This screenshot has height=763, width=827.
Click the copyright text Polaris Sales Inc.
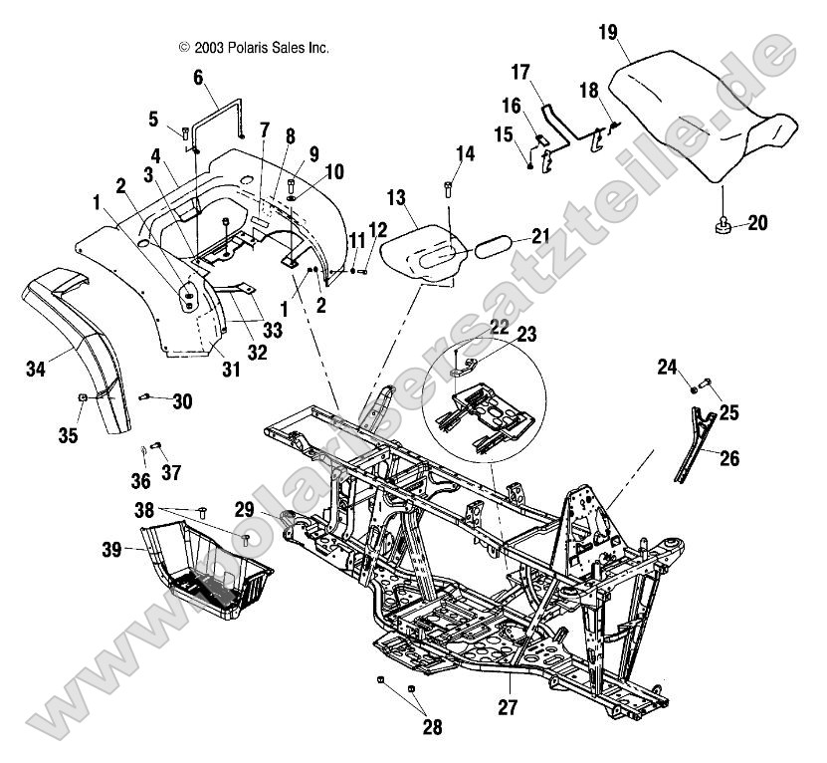coord(253,47)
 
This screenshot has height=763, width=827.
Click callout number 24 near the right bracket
coord(667,367)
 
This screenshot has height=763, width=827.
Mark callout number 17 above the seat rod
coord(521,73)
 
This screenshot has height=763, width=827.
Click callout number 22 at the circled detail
coord(498,328)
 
